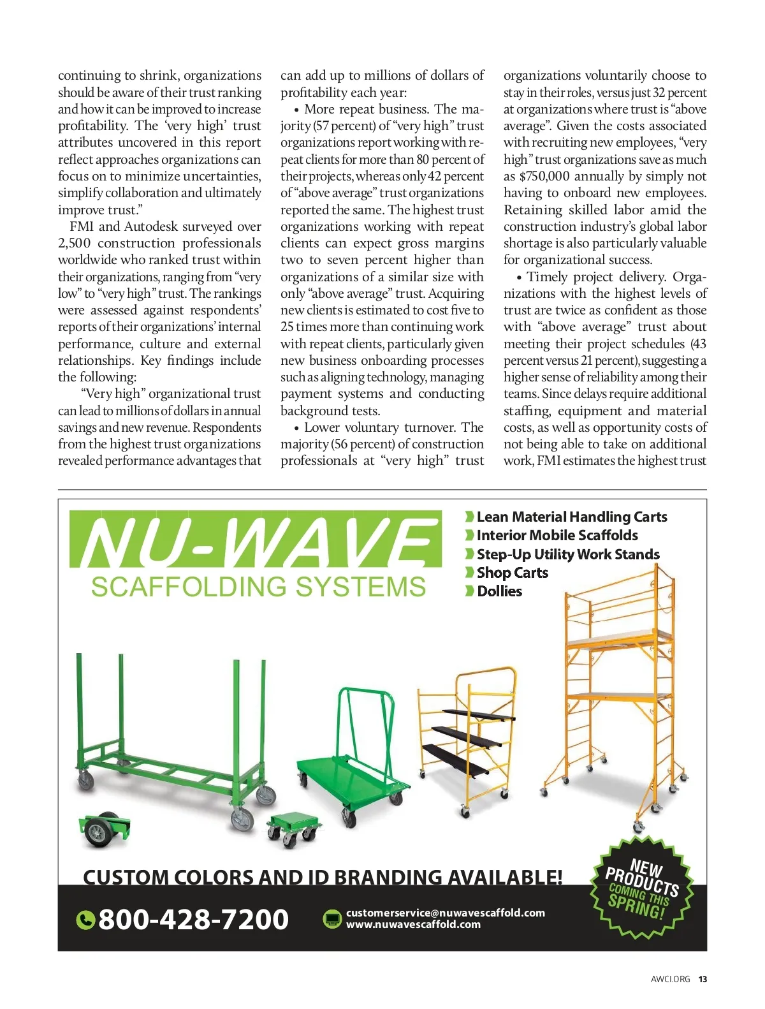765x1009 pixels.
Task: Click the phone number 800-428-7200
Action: point(193,919)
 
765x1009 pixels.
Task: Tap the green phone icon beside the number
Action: point(85,920)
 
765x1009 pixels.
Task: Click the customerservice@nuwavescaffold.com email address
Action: point(445,913)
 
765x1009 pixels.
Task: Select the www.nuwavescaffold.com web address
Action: point(413,924)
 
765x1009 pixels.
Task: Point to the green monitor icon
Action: point(332,919)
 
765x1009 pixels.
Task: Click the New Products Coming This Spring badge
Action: point(640,887)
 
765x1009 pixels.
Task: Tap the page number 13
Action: point(703,979)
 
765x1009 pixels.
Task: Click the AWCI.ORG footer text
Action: point(670,979)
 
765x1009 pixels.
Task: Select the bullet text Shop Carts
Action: point(512,573)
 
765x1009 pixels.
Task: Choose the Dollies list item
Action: point(499,591)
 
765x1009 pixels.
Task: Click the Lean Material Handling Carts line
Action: point(571,517)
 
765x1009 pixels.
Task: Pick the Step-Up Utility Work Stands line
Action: point(567,554)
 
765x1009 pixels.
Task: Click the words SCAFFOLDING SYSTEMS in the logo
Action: point(258,587)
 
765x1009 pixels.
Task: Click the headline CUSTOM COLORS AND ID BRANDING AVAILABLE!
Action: point(323,877)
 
